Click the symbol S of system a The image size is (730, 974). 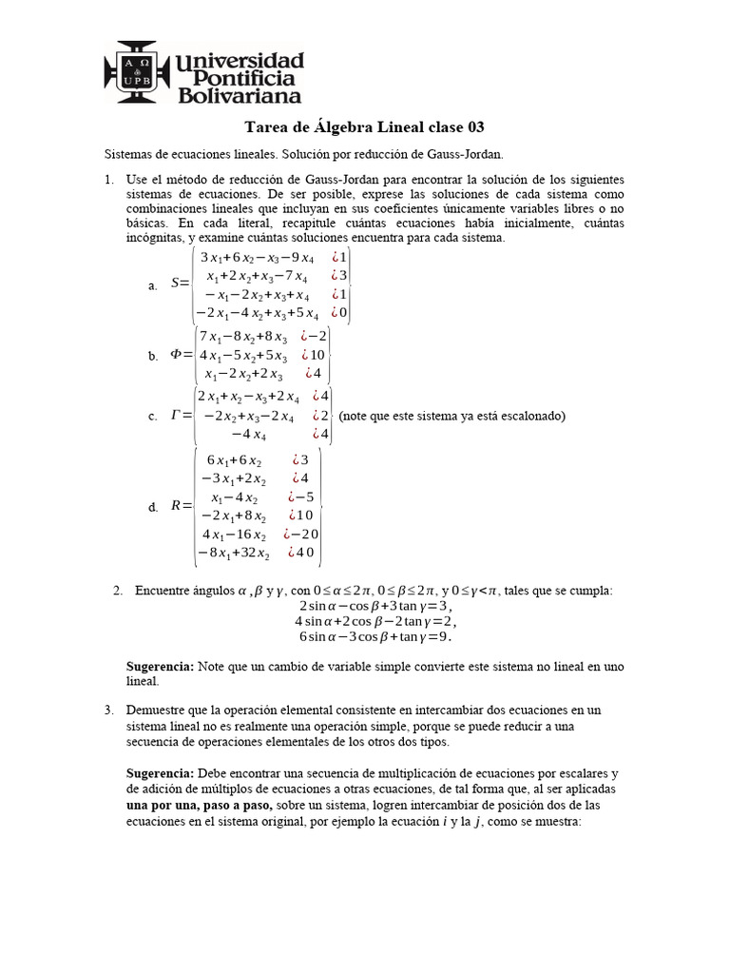tap(175, 283)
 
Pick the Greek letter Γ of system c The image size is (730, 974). tap(176, 416)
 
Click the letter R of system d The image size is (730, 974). tap(176, 506)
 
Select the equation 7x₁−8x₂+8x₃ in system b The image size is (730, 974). tap(241, 336)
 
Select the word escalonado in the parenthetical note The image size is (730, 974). tap(529, 416)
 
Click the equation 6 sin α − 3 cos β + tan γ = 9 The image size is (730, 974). tap(376, 637)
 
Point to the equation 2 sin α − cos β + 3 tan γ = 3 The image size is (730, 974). tap(375, 606)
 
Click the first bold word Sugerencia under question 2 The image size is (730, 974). tap(160, 668)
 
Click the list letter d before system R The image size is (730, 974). tap(152, 508)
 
